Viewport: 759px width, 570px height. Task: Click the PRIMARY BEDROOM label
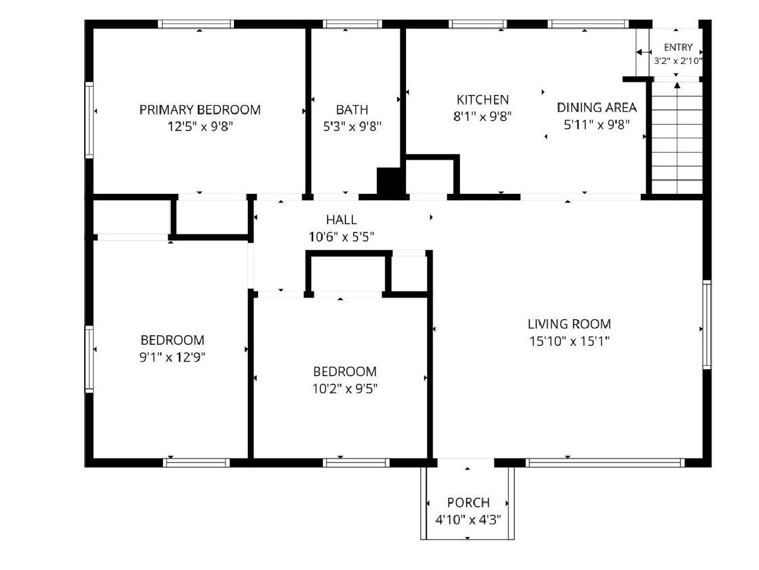(x=200, y=110)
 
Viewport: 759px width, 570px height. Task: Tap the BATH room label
(x=352, y=110)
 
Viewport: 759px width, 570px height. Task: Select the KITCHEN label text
(x=483, y=100)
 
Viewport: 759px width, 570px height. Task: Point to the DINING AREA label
(x=596, y=108)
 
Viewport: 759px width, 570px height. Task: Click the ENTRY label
(x=678, y=47)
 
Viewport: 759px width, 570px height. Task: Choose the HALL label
(x=342, y=220)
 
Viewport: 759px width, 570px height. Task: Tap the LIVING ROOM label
(x=569, y=324)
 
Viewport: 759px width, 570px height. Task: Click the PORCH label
(x=468, y=502)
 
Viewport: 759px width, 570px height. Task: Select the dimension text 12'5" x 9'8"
(x=201, y=127)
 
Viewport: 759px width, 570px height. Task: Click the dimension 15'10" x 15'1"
(x=569, y=341)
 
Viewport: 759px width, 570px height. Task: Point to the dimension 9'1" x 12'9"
(x=172, y=357)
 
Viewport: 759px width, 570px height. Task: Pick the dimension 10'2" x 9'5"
(x=345, y=389)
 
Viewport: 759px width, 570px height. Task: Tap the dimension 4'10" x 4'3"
(x=468, y=519)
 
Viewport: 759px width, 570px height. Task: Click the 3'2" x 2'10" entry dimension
(x=678, y=61)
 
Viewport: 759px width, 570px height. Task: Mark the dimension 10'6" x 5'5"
(x=342, y=237)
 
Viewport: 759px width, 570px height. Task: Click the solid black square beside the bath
(x=390, y=181)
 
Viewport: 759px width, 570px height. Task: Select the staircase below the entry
(x=677, y=137)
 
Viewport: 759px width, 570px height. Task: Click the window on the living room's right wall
(x=707, y=325)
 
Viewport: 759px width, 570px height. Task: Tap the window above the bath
(x=352, y=24)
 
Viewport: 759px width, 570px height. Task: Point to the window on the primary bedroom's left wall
(x=89, y=120)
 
